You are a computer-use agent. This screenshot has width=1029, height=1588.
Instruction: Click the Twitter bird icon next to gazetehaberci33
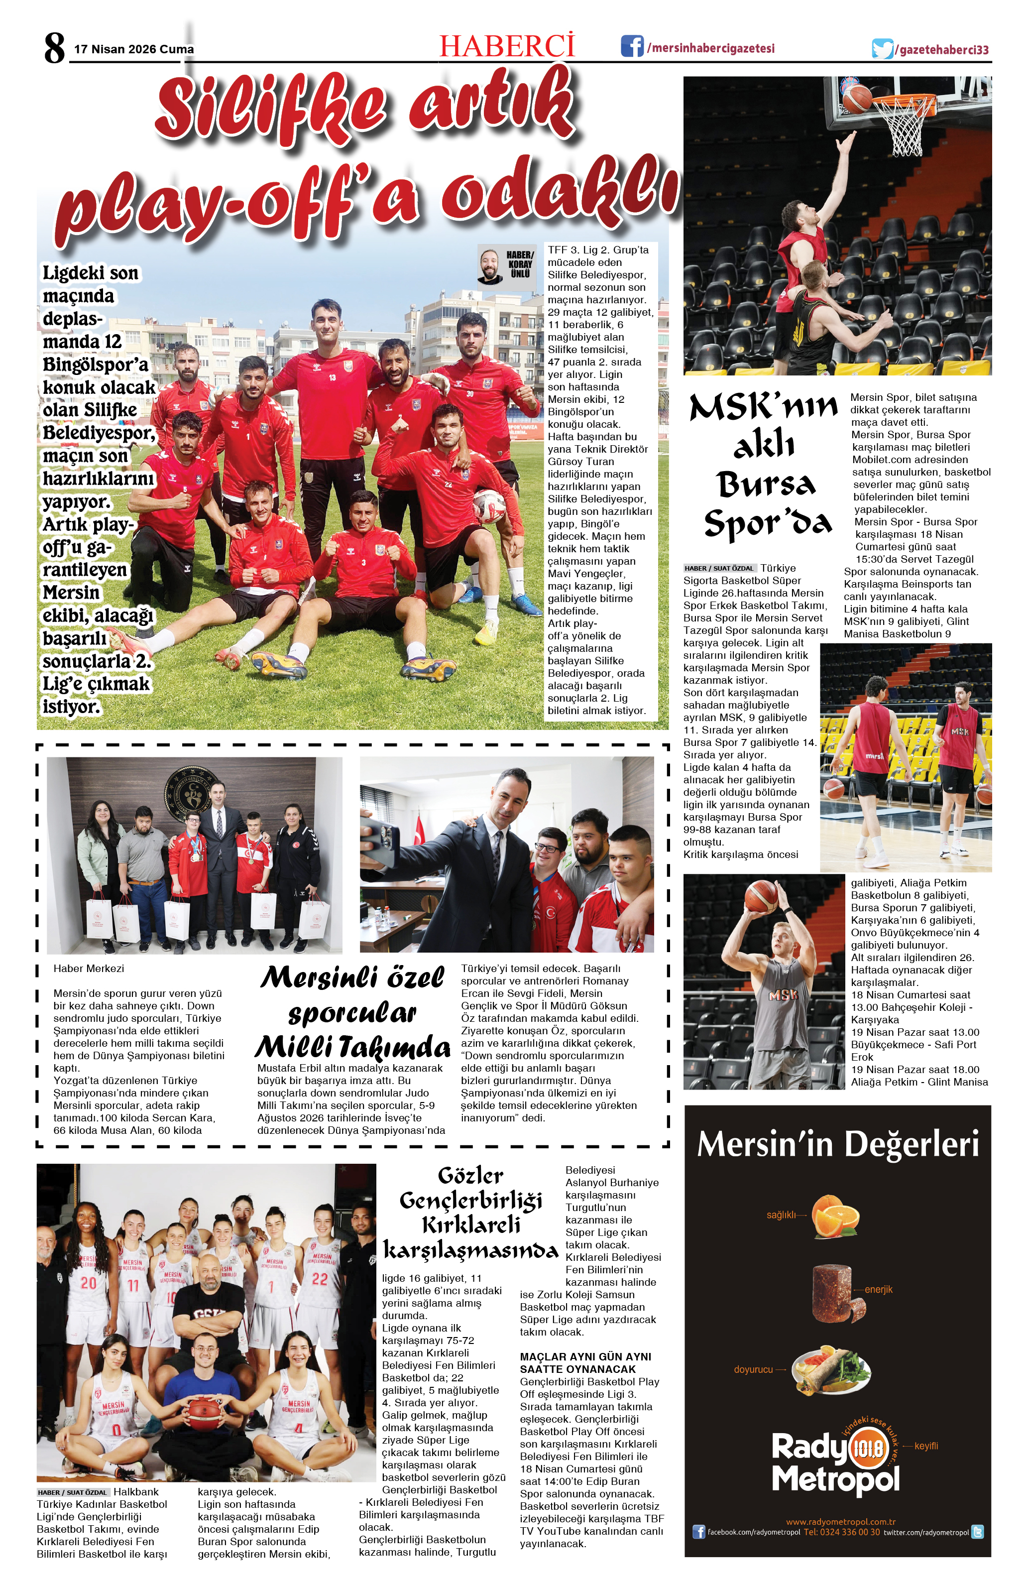coord(882,49)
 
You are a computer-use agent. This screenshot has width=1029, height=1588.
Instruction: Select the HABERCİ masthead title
coord(507,45)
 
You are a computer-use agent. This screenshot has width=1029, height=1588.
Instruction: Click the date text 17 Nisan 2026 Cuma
coord(134,49)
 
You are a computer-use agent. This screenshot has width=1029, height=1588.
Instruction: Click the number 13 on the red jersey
coord(332,377)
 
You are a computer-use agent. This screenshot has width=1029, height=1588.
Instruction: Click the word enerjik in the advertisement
coord(878,1289)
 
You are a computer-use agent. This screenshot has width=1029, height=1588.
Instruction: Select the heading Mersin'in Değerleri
coord(838,1145)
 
